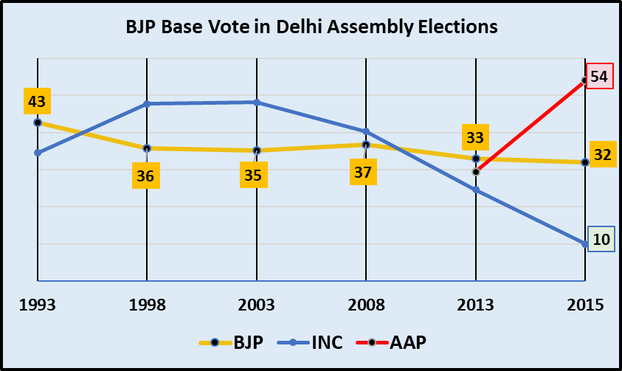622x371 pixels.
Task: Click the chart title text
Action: [x=311, y=29]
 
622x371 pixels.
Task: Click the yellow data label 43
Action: [x=36, y=100]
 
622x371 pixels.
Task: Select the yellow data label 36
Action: [x=146, y=176]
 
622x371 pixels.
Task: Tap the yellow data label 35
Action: [x=256, y=176]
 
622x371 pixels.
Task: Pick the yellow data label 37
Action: [x=364, y=173]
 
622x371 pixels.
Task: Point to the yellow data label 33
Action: [x=476, y=137]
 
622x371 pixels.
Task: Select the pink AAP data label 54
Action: [x=599, y=76]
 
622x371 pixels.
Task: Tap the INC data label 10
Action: [x=601, y=239]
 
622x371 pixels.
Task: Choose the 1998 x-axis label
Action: [x=146, y=305]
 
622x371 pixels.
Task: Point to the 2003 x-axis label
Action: [x=256, y=305]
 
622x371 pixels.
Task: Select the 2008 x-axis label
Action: [x=366, y=305]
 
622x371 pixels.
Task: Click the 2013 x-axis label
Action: [x=476, y=305]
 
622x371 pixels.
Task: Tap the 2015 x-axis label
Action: [x=586, y=305]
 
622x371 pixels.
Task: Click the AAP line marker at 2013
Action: [x=476, y=172]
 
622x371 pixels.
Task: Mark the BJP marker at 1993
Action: [x=37, y=122]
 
